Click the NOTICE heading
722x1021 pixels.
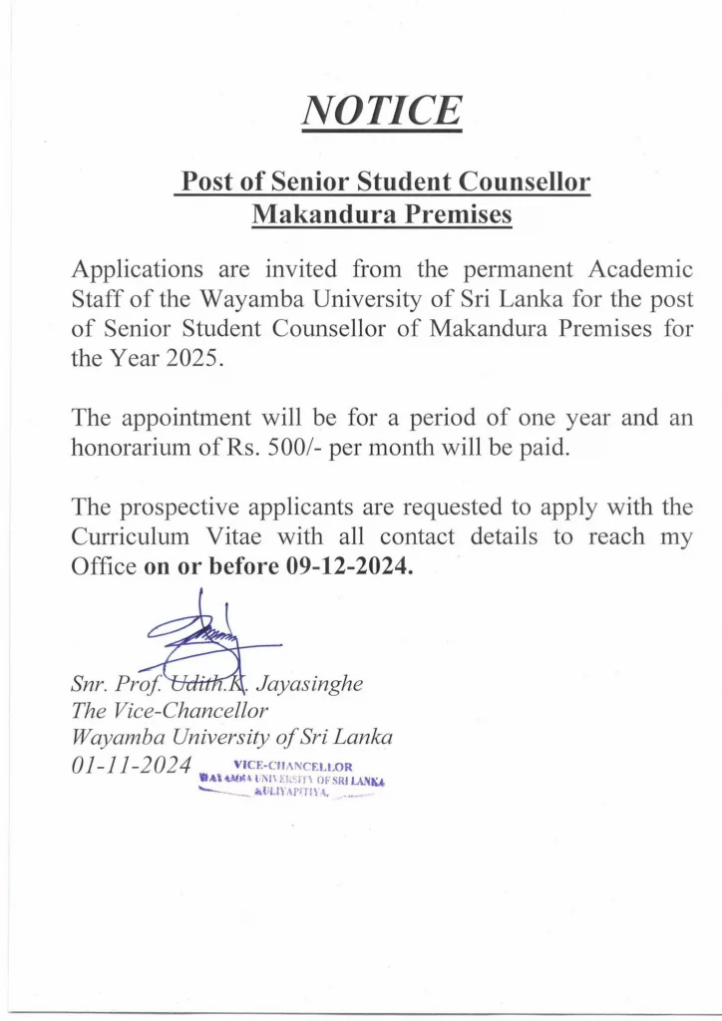click(x=383, y=110)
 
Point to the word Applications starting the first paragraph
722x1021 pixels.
click(x=137, y=269)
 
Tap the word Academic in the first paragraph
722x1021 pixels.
click(x=638, y=269)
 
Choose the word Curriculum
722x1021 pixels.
click(x=130, y=538)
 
